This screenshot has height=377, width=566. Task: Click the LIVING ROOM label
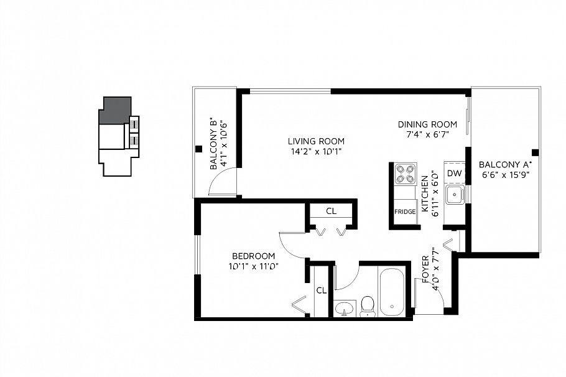click(315, 141)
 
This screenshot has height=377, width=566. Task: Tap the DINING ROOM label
click(427, 124)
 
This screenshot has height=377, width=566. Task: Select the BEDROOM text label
click(253, 256)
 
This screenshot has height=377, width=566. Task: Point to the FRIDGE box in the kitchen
click(404, 212)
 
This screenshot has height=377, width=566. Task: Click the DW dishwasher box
click(454, 174)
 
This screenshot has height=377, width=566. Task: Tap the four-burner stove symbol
click(405, 174)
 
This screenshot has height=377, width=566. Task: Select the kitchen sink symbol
click(456, 195)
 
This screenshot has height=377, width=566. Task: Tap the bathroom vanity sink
click(343, 307)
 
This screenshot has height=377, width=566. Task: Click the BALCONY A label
click(505, 165)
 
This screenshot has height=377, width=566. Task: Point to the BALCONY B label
click(213, 144)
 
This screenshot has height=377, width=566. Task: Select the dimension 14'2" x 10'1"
click(315, 151)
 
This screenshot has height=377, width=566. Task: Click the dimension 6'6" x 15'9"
click(505, 175)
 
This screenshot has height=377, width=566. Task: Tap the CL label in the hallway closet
click(331, 212)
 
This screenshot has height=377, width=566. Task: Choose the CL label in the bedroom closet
click(321, 290)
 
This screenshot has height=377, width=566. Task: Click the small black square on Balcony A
click(534, 152)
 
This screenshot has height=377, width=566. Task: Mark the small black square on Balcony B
click(198, 149)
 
